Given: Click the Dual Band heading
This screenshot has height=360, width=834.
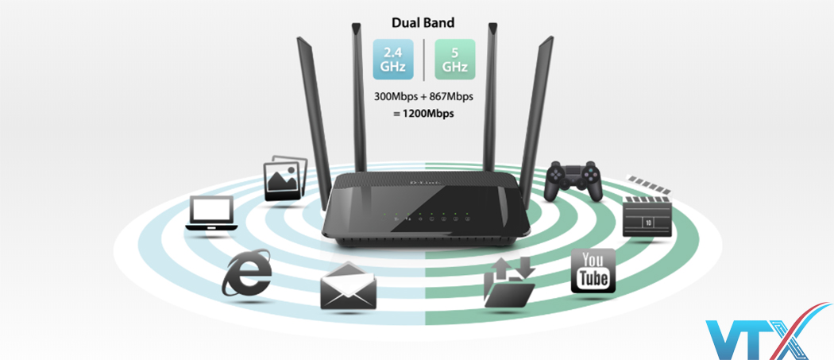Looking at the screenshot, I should [x=422, y=23].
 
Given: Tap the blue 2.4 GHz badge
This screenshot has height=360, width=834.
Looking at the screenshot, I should [x=393, y=60].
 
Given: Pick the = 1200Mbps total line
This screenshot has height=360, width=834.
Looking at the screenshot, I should [x=423, y=113].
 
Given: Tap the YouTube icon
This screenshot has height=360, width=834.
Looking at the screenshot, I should [x=594, y=270].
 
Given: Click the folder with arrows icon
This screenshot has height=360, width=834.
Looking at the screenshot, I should [x=509, y=283].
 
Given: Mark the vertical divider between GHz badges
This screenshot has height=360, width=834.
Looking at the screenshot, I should [x=423, y=60].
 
